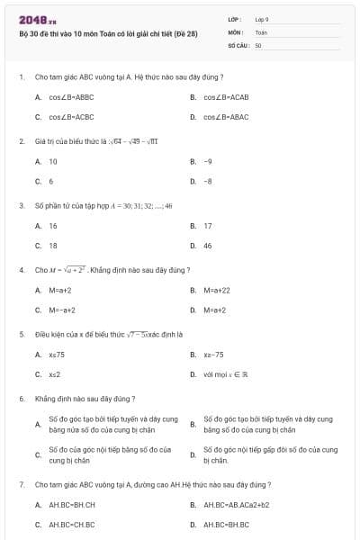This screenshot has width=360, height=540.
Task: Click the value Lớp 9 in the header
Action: pos(261,19)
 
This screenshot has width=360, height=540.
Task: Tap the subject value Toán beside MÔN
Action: pos(261,31)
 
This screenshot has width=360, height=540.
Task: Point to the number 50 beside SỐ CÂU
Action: pos(258,44)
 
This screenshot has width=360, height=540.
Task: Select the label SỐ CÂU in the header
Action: pos(237,44)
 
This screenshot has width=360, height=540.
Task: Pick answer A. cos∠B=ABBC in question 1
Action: pos(70,96)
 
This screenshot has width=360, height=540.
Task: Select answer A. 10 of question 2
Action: pos(52,161)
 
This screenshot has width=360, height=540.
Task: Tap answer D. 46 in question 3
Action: pos(207,245)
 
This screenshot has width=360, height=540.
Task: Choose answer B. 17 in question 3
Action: pos(207,225)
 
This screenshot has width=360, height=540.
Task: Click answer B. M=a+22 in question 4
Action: pos(216,290)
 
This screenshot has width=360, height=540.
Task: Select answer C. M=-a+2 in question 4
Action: pos(60,310)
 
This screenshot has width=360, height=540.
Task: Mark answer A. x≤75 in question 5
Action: pos(57,355)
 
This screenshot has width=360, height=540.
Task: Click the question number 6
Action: pos(21,398)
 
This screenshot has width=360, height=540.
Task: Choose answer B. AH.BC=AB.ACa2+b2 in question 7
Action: pos(236,504)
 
